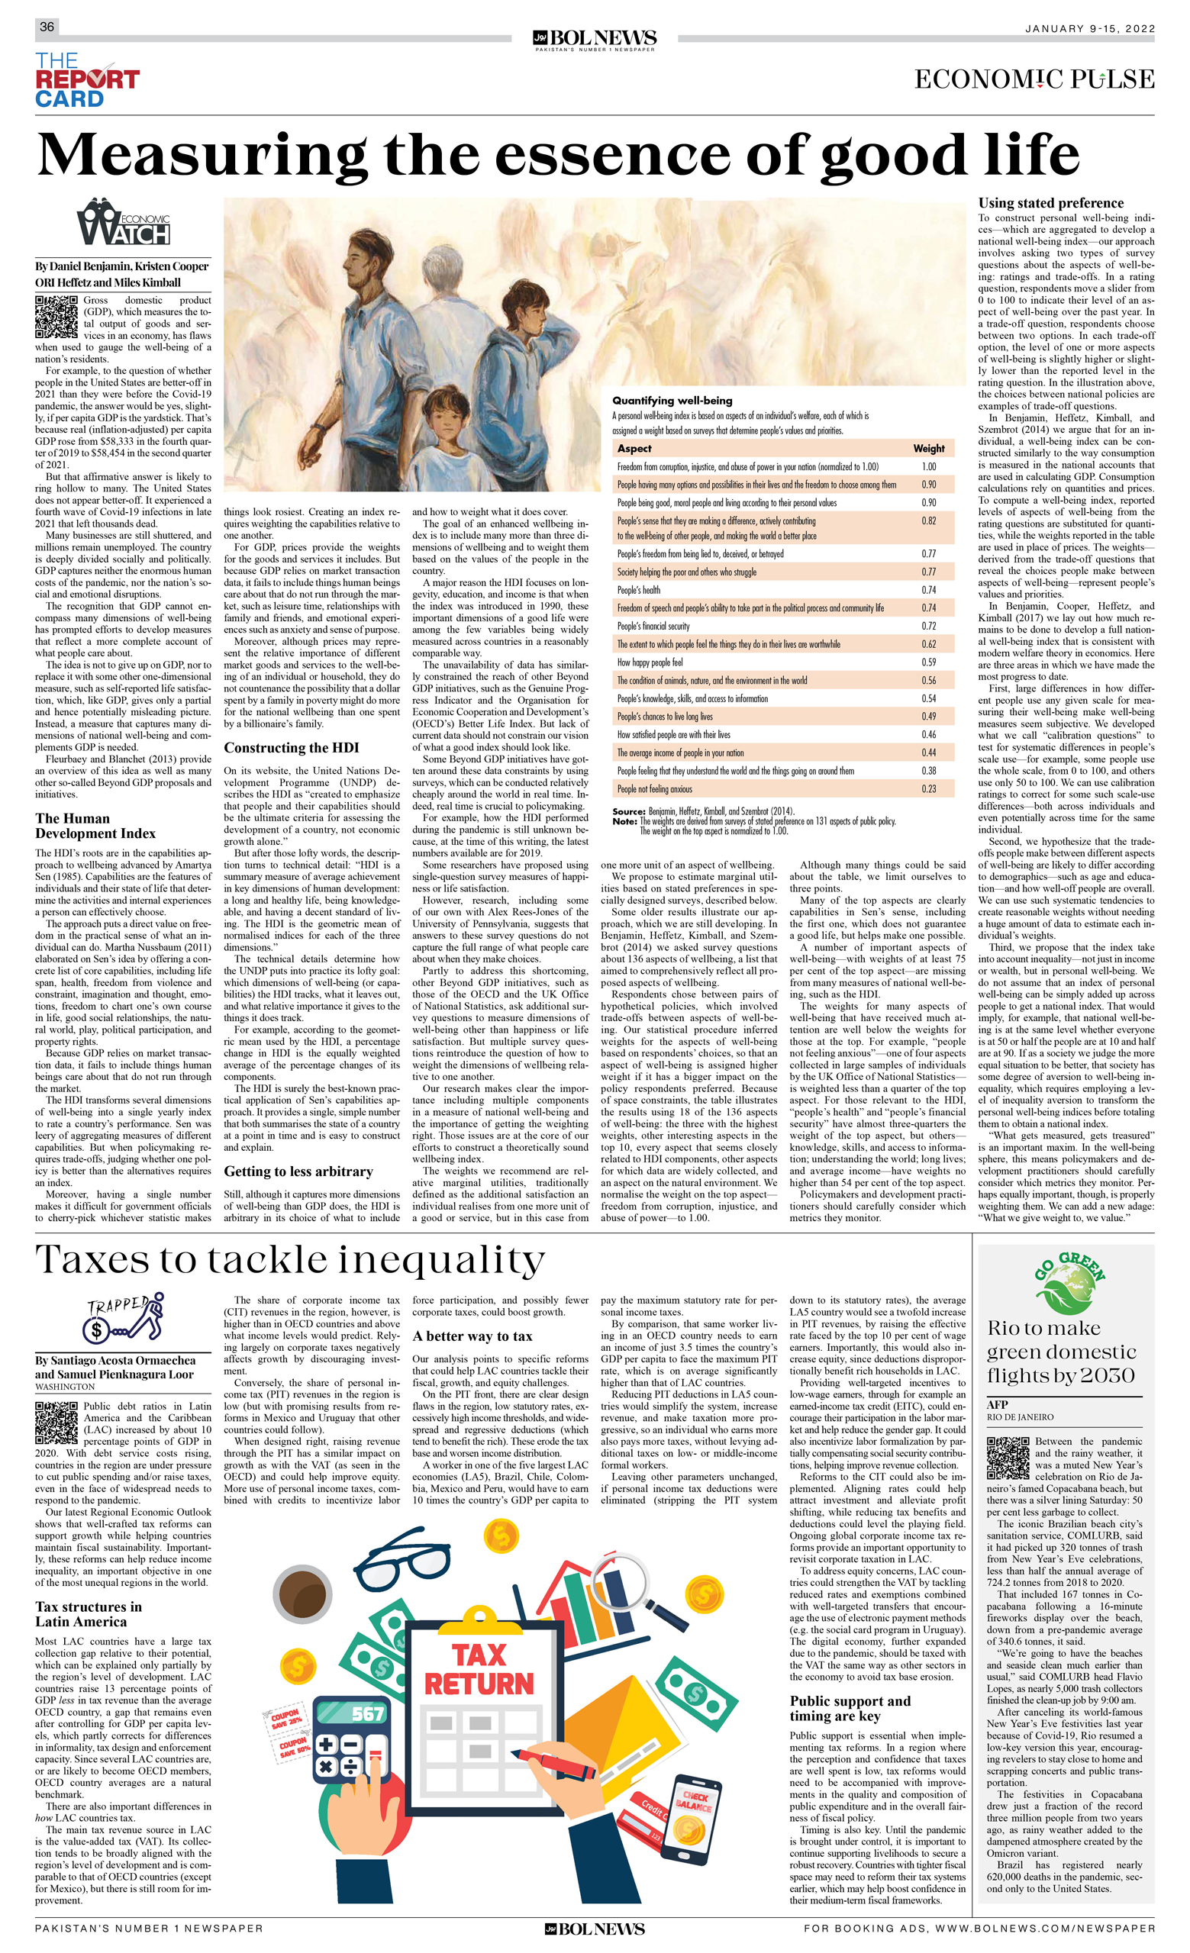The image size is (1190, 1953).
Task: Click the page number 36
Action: click(x=47, y=27)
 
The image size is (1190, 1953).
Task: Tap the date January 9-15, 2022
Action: click(x=1089, y=28)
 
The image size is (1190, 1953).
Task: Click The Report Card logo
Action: click(x=86, y=79)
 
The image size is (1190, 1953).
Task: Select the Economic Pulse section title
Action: click(x=1034, y=79)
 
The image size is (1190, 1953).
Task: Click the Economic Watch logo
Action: click(x=124, y=223)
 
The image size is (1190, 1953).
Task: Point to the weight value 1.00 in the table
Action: click(x=928, y=467)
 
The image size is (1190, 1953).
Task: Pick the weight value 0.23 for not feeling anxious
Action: click(x=928, y=788)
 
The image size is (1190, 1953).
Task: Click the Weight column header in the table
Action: click(x=928, y=448)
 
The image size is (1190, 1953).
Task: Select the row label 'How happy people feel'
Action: click(x=650, y=662)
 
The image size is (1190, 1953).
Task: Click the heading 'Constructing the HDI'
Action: click(x=291, y=747)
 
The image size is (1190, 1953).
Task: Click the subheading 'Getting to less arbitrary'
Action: click(x=298, y=1171)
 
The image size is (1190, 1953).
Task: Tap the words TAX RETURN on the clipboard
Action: click(x=479, y=1669)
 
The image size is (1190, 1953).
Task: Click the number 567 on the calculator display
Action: click(x=367, y=1713)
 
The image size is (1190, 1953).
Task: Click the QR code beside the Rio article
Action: click(x=1008, y=1458)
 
